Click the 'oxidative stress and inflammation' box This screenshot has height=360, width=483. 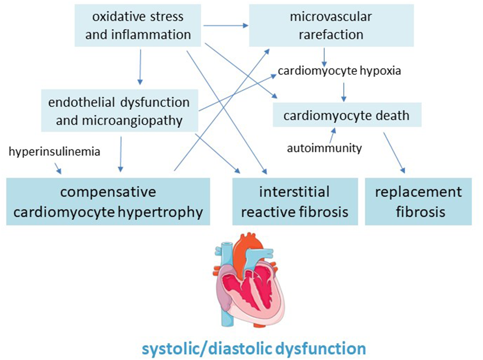click(x=138, y=26)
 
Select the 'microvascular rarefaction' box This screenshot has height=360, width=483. click(x=331, y=26)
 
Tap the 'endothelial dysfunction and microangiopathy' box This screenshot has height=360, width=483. click(x=119, y=111)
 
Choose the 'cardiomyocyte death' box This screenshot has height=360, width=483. click(x=347, y=115)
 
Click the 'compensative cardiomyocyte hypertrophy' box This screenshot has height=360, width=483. click(x=108, y=202)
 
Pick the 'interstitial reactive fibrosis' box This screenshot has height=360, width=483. click(x=295, y=202)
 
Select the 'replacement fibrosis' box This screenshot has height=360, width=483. click(x=419, y=202)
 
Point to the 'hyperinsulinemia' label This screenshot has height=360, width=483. click(x=55, y=152)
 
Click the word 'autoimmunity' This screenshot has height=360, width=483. click(x=324, y=148)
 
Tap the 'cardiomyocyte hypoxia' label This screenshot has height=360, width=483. click(x=339, y=71)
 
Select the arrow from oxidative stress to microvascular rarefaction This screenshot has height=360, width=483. click(x=226, y=25)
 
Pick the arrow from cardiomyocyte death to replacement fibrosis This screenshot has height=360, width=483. click(x=394, y=152)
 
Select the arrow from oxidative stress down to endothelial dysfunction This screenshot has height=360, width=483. click(x=140, y=67)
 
